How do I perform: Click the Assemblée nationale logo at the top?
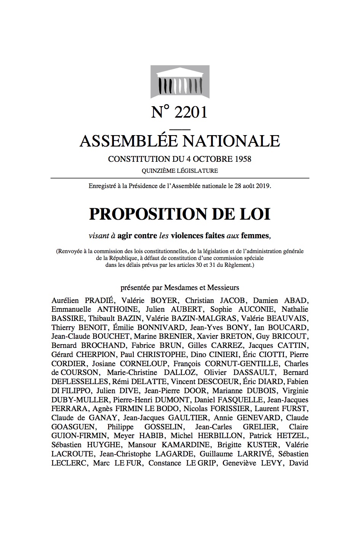(180, 81)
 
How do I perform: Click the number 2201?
(190, 112)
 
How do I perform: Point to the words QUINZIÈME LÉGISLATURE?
(180, 171)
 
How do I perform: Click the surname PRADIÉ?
(95, 300)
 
